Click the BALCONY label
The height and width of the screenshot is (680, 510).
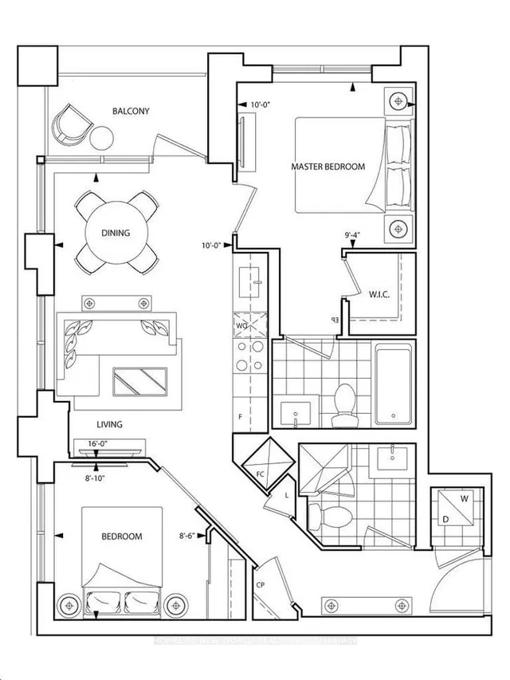click(131, 112)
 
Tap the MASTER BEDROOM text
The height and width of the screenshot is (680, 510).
click(328, 167)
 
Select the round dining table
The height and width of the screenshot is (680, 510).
click(116, 233)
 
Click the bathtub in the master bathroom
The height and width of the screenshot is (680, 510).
click(393, 383)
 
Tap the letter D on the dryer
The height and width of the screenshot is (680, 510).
click(445, 519)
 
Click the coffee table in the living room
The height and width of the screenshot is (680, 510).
click(139, 381)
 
